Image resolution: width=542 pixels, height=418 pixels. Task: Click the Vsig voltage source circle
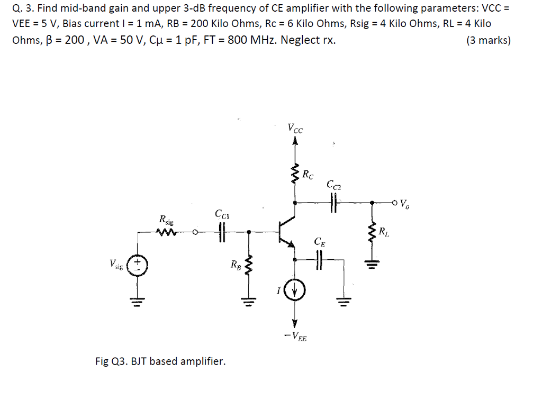(x=138, y=264)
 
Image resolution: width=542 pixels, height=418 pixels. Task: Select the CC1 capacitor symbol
(x=222, y=231)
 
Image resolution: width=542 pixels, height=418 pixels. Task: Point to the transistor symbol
(x=286, y=231)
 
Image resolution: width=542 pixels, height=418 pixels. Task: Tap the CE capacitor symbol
(x=319, y=259)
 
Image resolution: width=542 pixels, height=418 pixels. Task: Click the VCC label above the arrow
(x=295, y=128)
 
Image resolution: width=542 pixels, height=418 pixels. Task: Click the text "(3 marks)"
(x=488, y=40)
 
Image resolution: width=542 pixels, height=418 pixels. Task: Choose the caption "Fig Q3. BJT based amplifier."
(x=160, y=361)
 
